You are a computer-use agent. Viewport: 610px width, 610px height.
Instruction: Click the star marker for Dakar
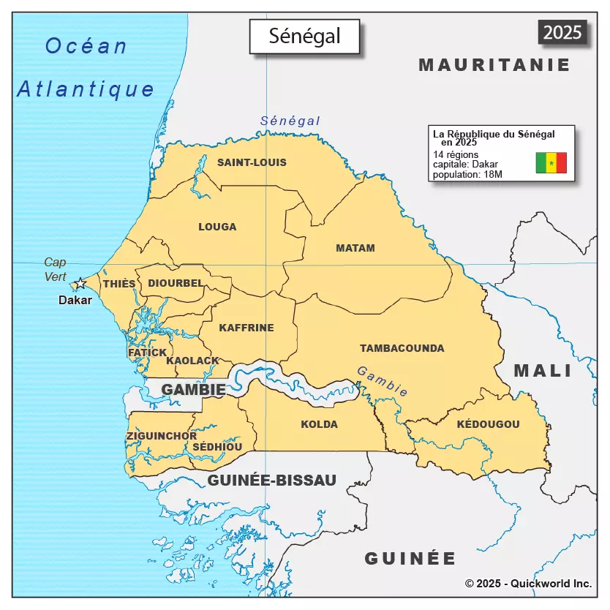pos(79,284)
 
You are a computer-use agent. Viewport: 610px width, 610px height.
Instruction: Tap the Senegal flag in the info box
pos(551,162)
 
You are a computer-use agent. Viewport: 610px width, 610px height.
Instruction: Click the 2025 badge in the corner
pos(562,32)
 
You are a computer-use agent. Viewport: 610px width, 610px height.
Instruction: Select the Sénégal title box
pos(304,37)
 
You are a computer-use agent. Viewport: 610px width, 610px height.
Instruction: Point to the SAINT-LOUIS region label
pos(252,162)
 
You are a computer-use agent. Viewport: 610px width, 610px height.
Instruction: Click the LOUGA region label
pos(217,227)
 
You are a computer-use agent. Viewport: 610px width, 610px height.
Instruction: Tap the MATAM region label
pos(355,248)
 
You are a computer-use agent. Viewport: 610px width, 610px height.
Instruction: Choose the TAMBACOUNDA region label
pos(402,348)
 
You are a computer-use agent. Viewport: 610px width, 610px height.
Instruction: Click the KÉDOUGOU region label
pos(488,424)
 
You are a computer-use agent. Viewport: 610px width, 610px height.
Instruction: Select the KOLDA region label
pos(319,424)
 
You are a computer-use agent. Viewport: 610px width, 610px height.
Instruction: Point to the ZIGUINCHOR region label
pos(161,436)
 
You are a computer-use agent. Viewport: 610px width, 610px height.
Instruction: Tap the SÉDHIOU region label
pos(217,447)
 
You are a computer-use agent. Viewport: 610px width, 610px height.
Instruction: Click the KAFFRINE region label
pos(246,328)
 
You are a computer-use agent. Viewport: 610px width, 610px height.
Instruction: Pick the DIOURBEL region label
pos(176,283)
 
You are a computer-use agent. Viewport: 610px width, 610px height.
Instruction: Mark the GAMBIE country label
pos(193,390)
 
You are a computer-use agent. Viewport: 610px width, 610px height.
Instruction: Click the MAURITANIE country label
pos(494,65)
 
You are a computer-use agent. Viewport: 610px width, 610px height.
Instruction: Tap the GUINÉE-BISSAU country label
pos(271,481)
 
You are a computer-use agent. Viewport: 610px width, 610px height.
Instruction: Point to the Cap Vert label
pos(55,269)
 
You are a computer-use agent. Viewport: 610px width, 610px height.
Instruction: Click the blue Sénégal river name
pos(290,121)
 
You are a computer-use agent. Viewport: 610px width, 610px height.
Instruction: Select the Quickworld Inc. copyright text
pos(528,584)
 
